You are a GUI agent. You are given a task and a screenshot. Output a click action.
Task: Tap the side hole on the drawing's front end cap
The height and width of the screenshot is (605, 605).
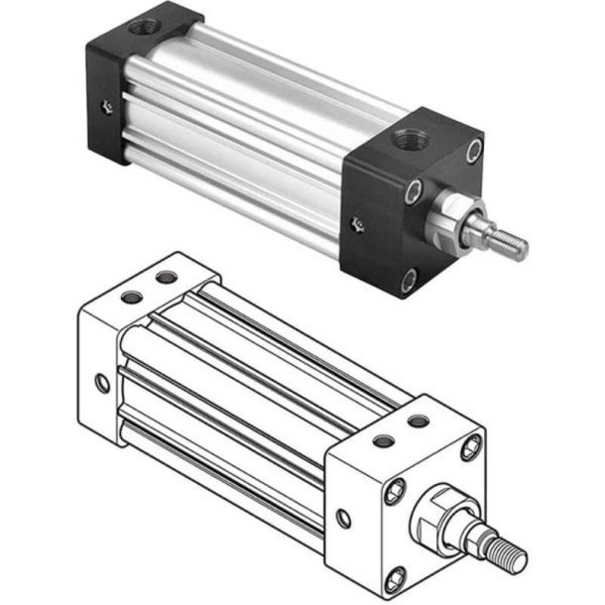[x=343, y=518]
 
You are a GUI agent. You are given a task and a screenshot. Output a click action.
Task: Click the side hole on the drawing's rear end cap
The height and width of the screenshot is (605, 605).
[x=101, y=382]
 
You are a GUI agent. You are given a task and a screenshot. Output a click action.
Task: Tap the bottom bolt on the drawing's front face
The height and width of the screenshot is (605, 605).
[x=398, y=576]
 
